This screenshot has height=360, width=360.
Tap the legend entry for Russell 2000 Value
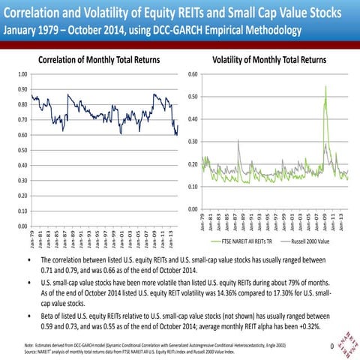click(x=308, y=242)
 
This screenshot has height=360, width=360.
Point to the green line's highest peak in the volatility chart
click(x=325, y=87)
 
